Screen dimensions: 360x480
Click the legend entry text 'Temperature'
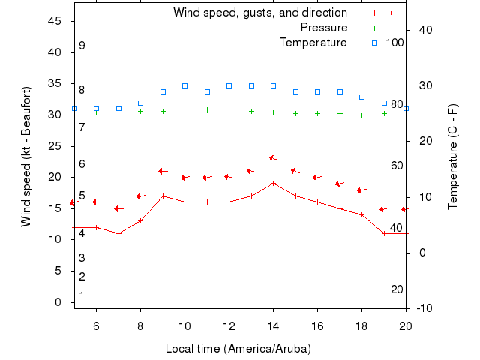coord(313,43)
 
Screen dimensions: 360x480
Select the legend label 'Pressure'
coord(324,28)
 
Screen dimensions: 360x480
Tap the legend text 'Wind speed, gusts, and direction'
coord(260,13)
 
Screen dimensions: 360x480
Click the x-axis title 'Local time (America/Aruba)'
coord(238,349)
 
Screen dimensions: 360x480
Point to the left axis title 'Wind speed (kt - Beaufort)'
coord(26,157)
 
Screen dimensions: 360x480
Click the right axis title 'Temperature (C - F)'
coord(453,157)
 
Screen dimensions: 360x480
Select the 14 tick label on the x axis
coord(273,325)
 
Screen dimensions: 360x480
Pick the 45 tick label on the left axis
coord(55,21)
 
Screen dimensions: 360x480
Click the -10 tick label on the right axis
coord(423,308)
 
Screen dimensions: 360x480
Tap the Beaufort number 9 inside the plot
coord(82,46)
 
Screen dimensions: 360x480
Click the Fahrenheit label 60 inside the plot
coord(397,166)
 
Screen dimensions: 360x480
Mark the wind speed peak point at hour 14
coord(273,183)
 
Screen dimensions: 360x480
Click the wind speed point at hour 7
coord(118,233)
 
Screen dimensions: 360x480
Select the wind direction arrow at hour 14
coord(274,158)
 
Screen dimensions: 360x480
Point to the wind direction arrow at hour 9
coord(163,171)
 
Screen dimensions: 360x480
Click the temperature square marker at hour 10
coord(184,85)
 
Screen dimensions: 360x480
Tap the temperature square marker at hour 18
coord(361,97)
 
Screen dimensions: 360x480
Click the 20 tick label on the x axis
coord(406,325)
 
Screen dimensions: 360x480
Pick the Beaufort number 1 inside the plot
coord(82,295)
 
